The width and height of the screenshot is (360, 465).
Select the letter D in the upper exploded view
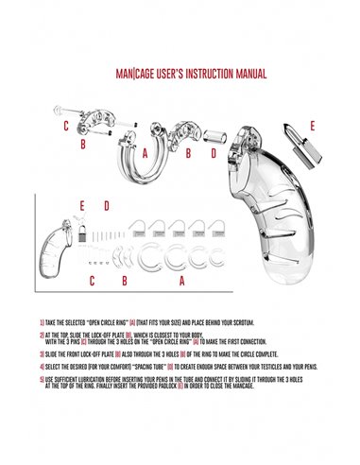tap(213, 150)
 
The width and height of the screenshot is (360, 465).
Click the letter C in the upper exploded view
tap(65, 126)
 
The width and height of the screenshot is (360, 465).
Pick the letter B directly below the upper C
tap(83, 145)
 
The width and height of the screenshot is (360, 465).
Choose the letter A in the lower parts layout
tap(181, 281)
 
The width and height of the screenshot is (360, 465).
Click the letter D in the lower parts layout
tap(107, 204)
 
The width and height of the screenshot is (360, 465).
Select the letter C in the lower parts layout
tap(92, 281)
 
